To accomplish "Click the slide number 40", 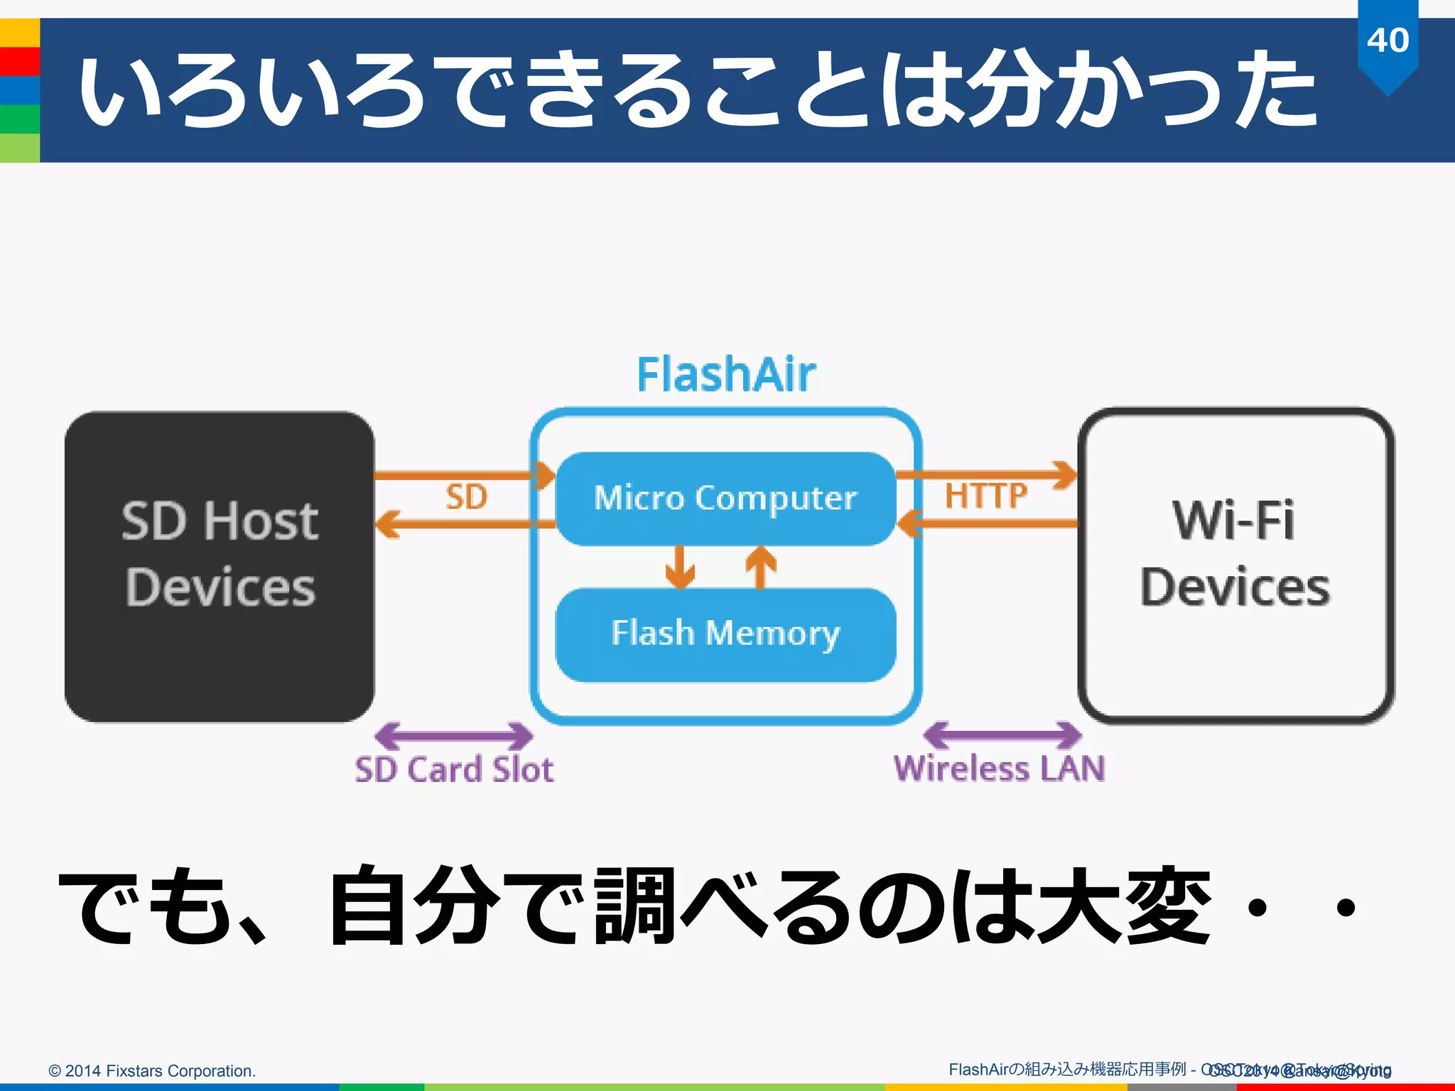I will click(x=1388, y=40).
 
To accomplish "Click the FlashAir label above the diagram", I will click(x=726, y=374).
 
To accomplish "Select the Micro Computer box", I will click(x=725, y=498).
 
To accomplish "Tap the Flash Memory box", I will click(x=725, y=634).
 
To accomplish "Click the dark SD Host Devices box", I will click(x=220, y=566).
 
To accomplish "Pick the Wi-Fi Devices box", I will click(x=1235, y=566).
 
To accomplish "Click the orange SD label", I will click(x=466, y=496).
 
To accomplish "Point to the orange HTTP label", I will click(x=985, y=495).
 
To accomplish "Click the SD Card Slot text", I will click(x=454, y=769).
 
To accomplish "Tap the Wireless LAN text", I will click(x=999, y=769).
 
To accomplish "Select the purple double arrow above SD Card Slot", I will click(x=453, y=736).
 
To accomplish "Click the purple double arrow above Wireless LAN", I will click(x=1002, y=735).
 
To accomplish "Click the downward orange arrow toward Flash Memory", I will click(x=680, y=566).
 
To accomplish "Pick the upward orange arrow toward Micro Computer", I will click(x=760, y=566).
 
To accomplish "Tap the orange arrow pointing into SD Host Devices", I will click(x=455, y=524).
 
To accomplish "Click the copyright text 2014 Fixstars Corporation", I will click(x=152, y=1070).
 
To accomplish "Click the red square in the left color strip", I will click(x=20, y=61).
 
